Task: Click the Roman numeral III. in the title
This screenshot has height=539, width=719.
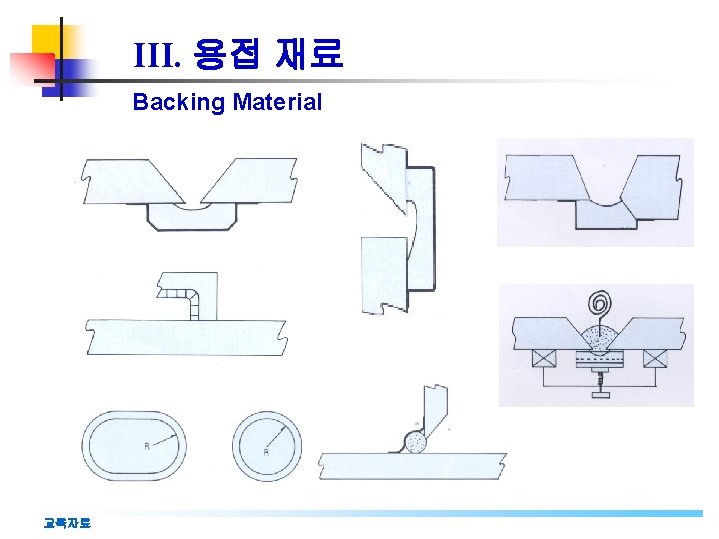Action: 156,55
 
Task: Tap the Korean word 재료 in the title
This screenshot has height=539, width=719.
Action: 311,54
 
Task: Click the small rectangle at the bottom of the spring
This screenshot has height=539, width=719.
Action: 601,395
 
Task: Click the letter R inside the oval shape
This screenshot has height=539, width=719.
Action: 147,446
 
